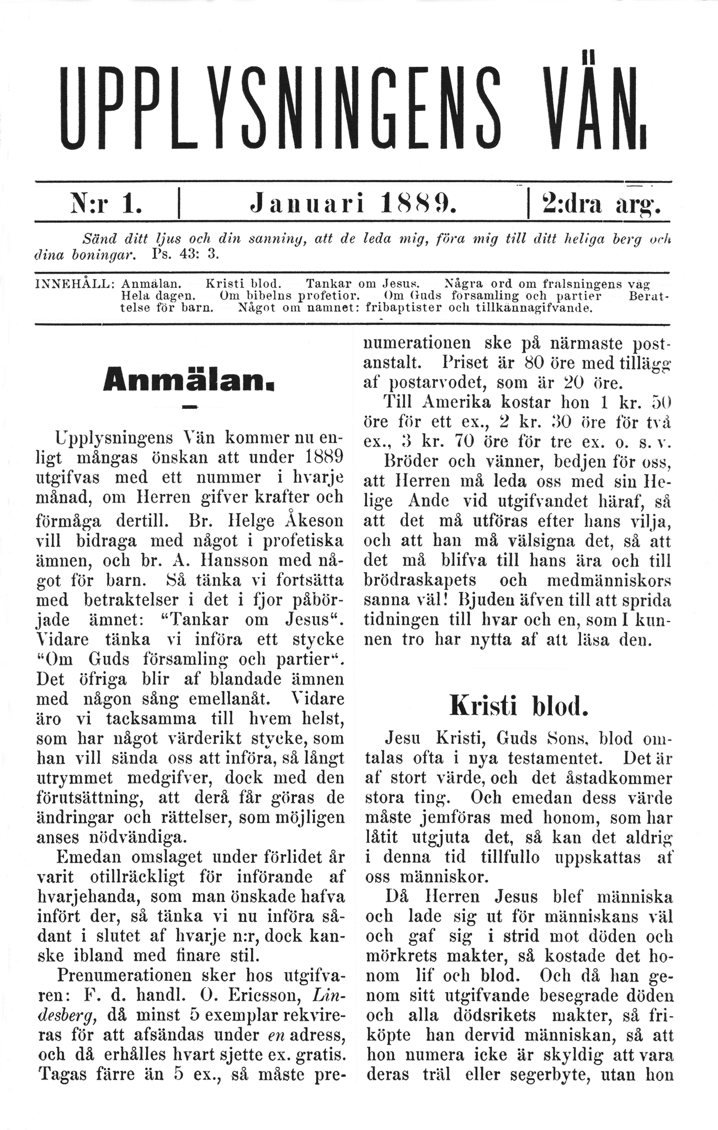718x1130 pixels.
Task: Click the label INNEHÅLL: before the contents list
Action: point(74,284)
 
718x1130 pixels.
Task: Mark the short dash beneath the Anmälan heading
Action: point(189,408)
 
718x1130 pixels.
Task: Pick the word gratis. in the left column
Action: point(318,1054)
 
